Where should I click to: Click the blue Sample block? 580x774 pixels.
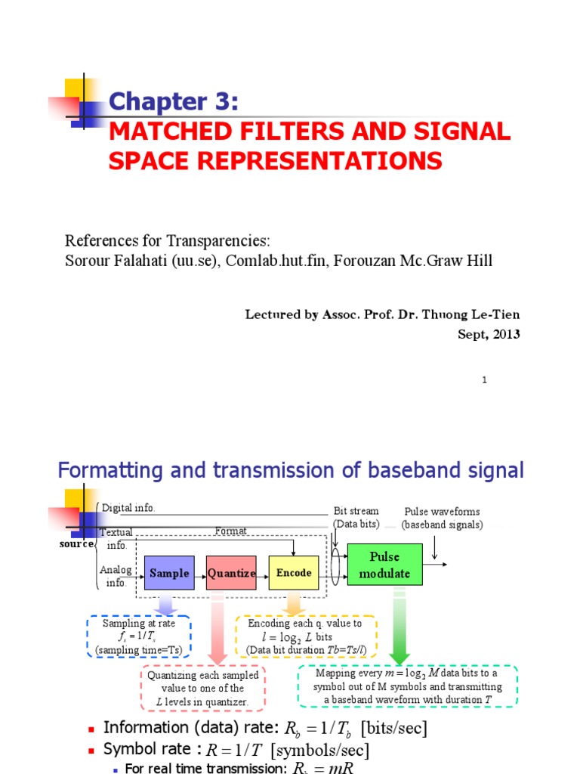click(169, 573)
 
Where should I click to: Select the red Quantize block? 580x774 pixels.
click(232, 573)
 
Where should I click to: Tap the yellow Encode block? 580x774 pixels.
click(294, 573)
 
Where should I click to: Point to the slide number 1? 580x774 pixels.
click(484, 380)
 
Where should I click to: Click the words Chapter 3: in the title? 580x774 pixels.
click(174, 101)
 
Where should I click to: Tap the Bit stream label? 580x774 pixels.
click(356, 512)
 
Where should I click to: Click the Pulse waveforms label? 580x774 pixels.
click(442, 512)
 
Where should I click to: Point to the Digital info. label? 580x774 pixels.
click(128, 508)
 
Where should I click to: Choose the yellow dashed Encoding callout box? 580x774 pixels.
click(306, 636)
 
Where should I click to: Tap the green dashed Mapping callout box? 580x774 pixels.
click(408, 686)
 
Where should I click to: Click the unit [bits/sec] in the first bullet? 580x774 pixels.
click(393, 729)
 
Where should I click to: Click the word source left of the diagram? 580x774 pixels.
click(78, 543)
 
